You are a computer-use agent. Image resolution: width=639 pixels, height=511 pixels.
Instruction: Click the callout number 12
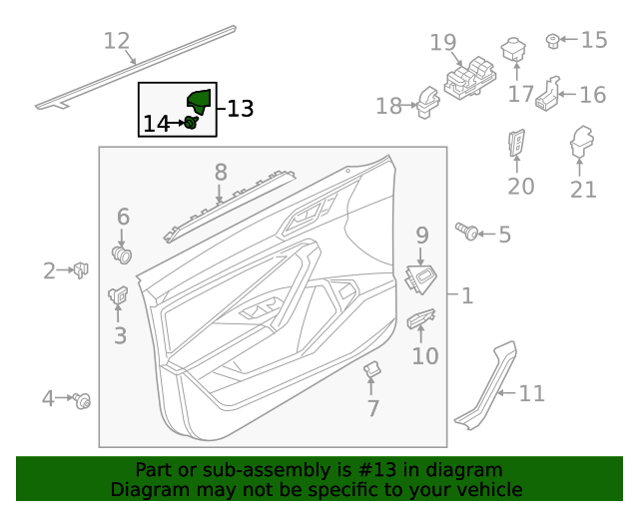click(118, 41)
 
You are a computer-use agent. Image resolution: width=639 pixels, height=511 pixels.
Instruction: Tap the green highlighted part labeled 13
click(200, 102)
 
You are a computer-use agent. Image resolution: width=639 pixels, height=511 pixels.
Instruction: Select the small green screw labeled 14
click(190, 123)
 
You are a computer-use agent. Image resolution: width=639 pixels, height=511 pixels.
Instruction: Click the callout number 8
click(221, 173)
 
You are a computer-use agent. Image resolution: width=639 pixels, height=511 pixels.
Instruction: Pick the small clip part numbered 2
click(81, 268)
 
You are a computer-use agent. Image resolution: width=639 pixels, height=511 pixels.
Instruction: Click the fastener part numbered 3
click(118, 295)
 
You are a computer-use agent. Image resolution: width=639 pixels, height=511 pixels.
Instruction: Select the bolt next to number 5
click(465, 232)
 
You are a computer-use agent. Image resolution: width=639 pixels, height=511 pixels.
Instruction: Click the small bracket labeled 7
click(370, 370)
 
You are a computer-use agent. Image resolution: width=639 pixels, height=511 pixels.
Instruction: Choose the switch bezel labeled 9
click(420, 278)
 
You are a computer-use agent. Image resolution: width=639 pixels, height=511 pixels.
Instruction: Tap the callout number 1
click(467, 295)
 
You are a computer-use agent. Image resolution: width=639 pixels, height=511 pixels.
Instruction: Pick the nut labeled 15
click(551, 41)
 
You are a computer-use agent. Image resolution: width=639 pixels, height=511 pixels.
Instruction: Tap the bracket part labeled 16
click(547, 93)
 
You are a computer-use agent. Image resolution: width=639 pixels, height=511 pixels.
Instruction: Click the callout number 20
click(521, 186)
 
